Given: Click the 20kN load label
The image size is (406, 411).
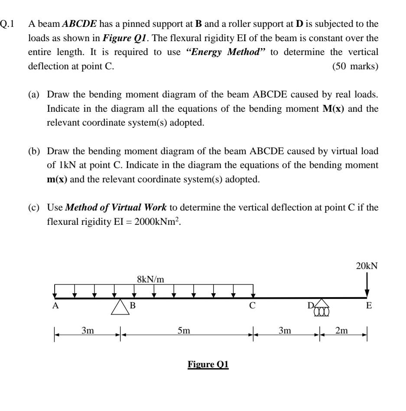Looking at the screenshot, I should click(367, 266).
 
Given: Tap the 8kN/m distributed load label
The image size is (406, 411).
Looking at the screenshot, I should click(150, 279).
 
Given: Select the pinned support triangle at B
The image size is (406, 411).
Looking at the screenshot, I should click(120, 307).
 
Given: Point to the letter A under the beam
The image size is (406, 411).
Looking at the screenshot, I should click(55, 305).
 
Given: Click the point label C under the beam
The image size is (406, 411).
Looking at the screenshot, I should click(252, 306).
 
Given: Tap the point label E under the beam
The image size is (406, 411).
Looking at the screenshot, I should click(369, 306).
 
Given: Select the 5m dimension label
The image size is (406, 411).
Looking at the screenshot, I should click(184, 331).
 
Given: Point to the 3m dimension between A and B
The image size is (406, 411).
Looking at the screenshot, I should click(88, 331).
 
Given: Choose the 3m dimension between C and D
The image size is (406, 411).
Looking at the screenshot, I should click(285, 331).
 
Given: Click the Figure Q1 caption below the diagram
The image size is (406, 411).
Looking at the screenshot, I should click(208, 364).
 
